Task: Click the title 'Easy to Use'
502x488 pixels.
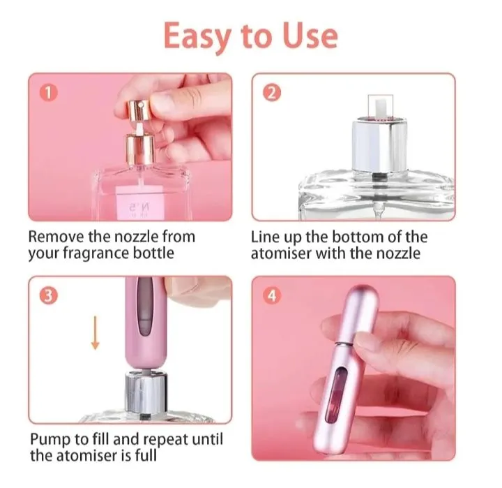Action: click(x=250, y=36)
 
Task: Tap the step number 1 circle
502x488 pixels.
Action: click(x=47, y=92)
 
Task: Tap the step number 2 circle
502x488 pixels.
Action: click(x=270, y=92)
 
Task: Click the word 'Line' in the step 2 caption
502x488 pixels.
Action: click(x=266, y=237)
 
